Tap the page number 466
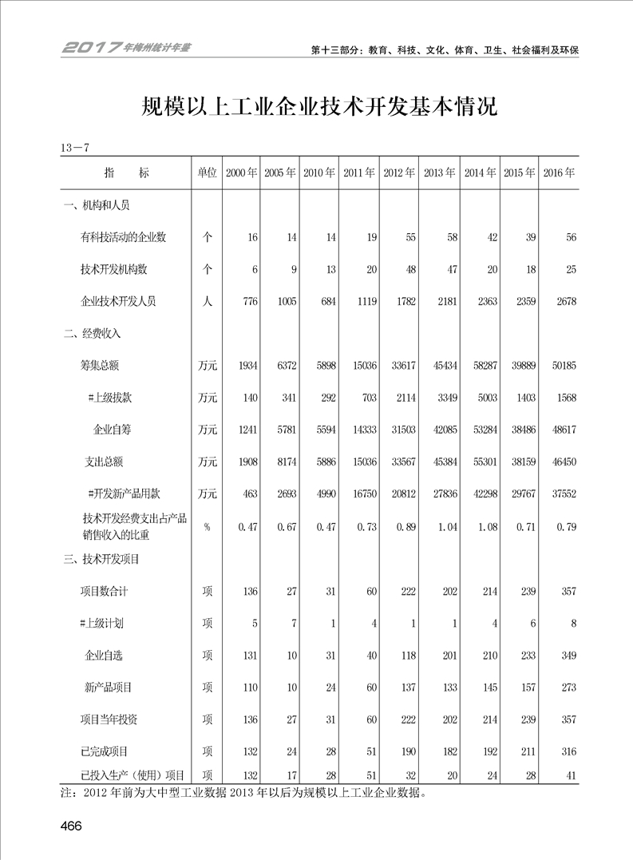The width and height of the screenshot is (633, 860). [71, 826]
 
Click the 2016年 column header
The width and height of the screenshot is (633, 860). [560, 172]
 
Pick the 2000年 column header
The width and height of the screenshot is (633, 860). [242, 172]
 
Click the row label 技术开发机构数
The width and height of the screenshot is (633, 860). [115, 269]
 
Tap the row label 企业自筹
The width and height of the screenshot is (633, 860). [113, 430]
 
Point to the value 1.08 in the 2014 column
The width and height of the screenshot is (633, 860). [484, 526]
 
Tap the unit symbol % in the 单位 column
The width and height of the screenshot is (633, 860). [207, 526]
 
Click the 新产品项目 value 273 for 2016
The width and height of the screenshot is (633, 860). [567, 688]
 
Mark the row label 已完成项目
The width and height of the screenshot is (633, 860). [105, 751]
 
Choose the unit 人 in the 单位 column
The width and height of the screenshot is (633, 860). [207, 301]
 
